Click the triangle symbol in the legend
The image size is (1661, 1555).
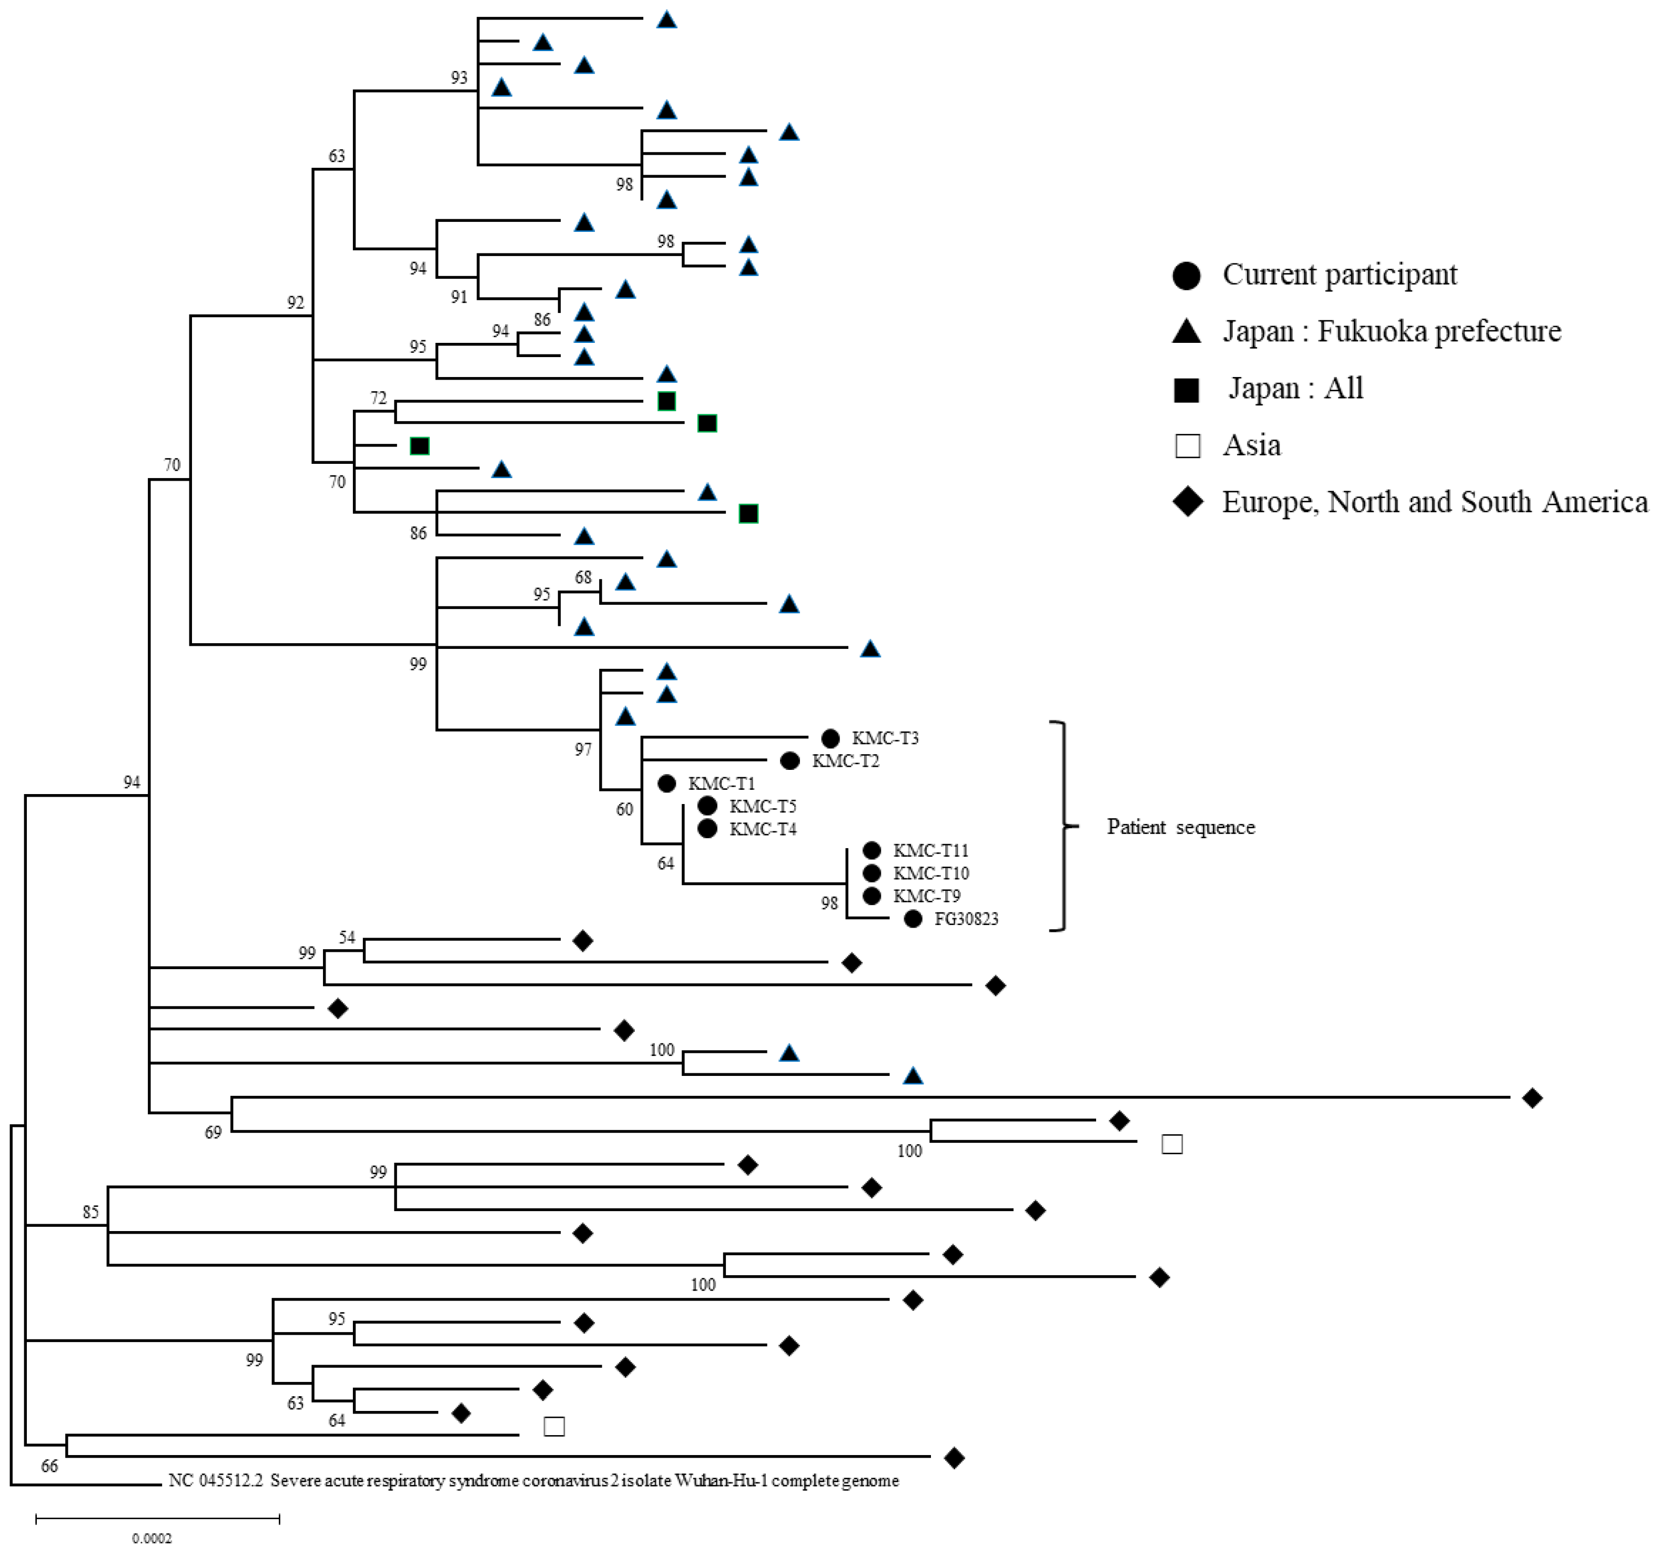1187,332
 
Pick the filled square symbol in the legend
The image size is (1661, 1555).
1187,389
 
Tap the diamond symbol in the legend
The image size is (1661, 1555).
1187,502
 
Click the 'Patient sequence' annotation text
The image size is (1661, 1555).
1181,827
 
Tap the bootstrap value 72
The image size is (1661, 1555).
379,398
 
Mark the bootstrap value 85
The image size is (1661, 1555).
90,1212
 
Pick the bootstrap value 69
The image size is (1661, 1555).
213,1132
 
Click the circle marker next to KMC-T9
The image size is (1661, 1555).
872,896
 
